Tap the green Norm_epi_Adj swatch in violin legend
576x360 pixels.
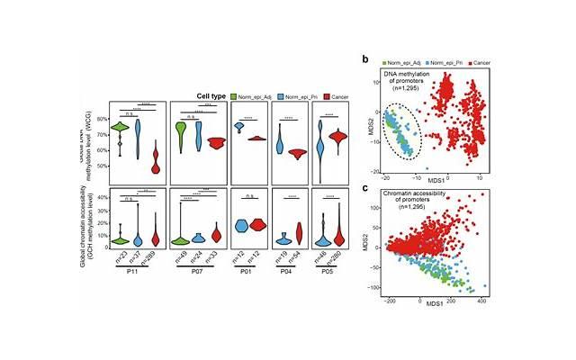click(x=235, y=95)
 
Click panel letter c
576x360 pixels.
click(x=364, y=187)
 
